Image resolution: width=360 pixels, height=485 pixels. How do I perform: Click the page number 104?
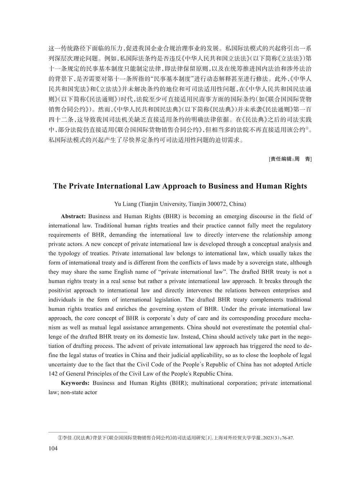(x=53, y=448)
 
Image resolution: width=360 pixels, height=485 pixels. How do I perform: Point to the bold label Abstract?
(x=73, y=216)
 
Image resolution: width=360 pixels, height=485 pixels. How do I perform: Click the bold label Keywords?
(x=75, y=383)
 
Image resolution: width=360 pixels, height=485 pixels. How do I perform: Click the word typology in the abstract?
(x=72, y=253)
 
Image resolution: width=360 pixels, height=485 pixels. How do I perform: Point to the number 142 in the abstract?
(x=53, y=373)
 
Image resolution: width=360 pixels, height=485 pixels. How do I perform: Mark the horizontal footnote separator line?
(x=88, y=432)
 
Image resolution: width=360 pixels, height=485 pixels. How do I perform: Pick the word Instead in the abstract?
(x=190, y=337)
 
